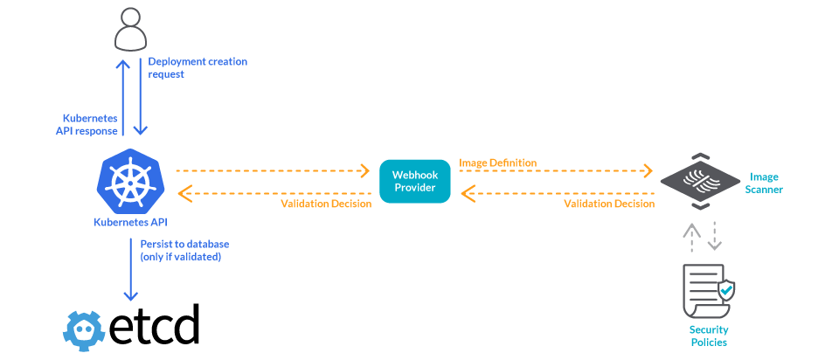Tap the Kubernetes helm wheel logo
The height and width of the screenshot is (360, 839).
tap(131, 181)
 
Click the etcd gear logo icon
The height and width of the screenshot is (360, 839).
tap(85, 325)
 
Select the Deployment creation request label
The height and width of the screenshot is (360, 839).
tap(197, 68)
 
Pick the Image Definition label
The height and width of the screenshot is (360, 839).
tap(497, 163)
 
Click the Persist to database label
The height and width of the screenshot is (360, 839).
tap(184, 250)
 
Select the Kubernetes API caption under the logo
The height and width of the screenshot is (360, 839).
tap(130, 222)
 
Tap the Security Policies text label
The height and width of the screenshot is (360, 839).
tap(708, 336)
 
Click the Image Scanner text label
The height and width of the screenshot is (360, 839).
tap(766, 183)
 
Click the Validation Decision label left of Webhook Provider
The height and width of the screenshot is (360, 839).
tap(326, 204)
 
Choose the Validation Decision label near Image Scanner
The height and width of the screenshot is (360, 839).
tap(608, 204)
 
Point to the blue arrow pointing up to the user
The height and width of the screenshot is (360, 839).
tap(123, 96)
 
